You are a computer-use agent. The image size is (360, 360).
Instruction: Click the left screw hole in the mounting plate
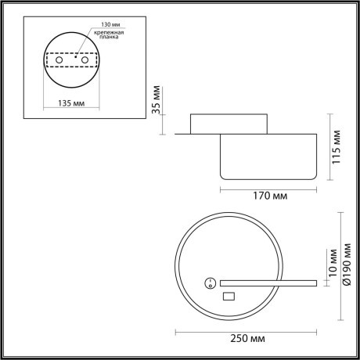pyautogui.click(x=57, y=61)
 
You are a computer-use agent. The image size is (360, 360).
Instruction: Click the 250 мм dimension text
pyautogui.click(x=247, y=337)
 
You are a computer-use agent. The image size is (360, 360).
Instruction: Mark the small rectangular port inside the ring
pyautogui.click(x=229, y=296)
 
